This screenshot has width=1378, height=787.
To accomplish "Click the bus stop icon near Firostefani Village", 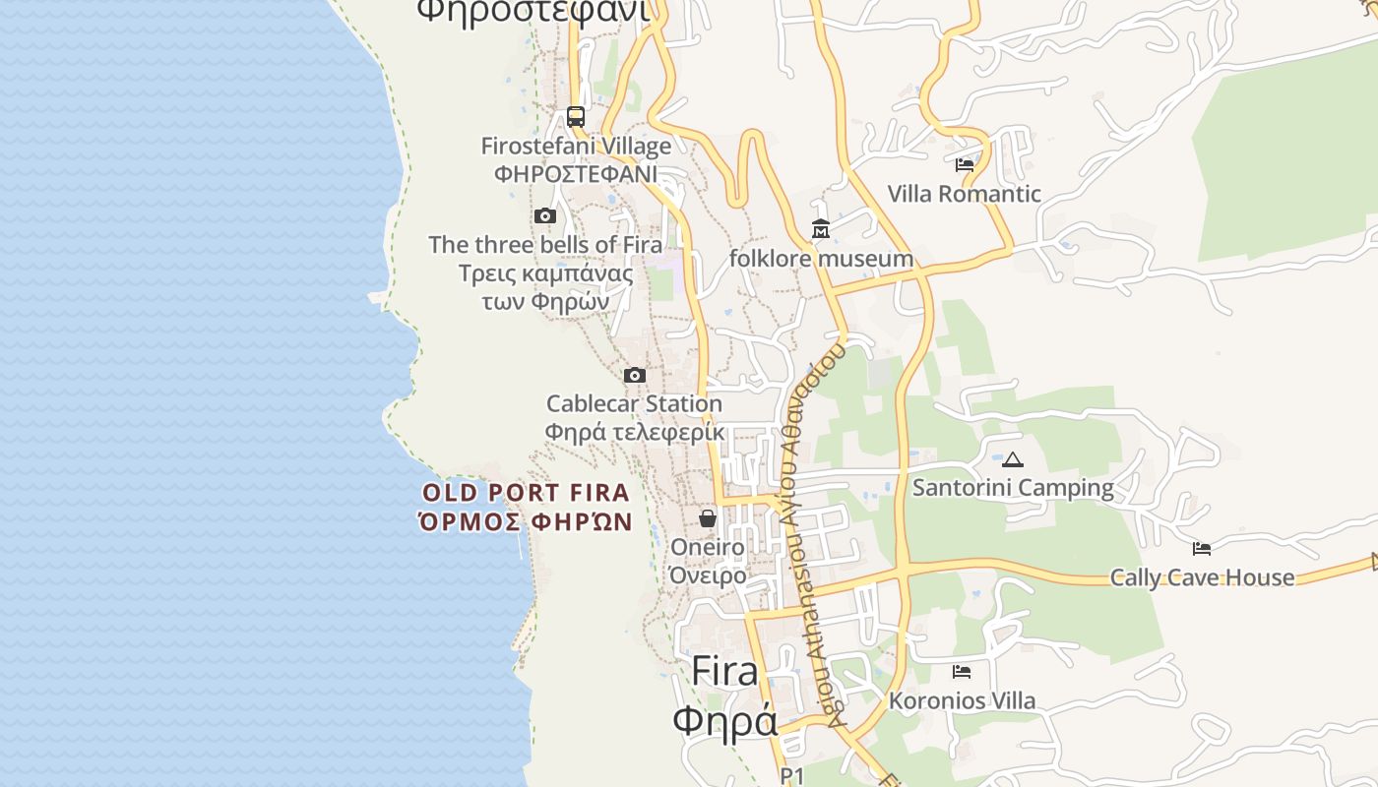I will (576, 117).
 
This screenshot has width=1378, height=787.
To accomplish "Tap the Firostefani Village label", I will (576, 147).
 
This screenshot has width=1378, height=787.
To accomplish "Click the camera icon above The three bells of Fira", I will (545, 215).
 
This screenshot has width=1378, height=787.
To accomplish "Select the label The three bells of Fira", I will (545, 244).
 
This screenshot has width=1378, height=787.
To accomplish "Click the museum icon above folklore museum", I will (821, 229).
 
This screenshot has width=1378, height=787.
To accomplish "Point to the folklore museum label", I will (821, 259).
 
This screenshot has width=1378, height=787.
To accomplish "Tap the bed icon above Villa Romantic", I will (965, 165).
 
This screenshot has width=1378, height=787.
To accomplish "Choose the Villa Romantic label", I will (965, 194).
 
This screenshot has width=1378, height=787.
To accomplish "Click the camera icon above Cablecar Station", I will (635, 375).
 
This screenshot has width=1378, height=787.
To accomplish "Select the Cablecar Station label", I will (635, 403).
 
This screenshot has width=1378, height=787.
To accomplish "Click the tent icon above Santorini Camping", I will (1013, 459).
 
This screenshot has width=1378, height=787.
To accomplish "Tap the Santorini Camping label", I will (1013, 488).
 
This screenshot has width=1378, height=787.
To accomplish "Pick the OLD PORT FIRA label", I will (526, 493).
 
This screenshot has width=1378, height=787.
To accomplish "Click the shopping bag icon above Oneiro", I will (708, 518).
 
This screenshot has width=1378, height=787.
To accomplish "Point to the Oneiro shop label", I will (708, 547).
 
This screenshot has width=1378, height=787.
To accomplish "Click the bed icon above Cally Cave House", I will (1202, 549).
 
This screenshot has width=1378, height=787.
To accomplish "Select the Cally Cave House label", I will (1202, 577).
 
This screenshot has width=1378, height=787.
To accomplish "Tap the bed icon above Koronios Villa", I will (962, 672).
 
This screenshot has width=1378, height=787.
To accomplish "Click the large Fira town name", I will (725, 672).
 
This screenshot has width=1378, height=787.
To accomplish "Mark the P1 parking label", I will (792, 776).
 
